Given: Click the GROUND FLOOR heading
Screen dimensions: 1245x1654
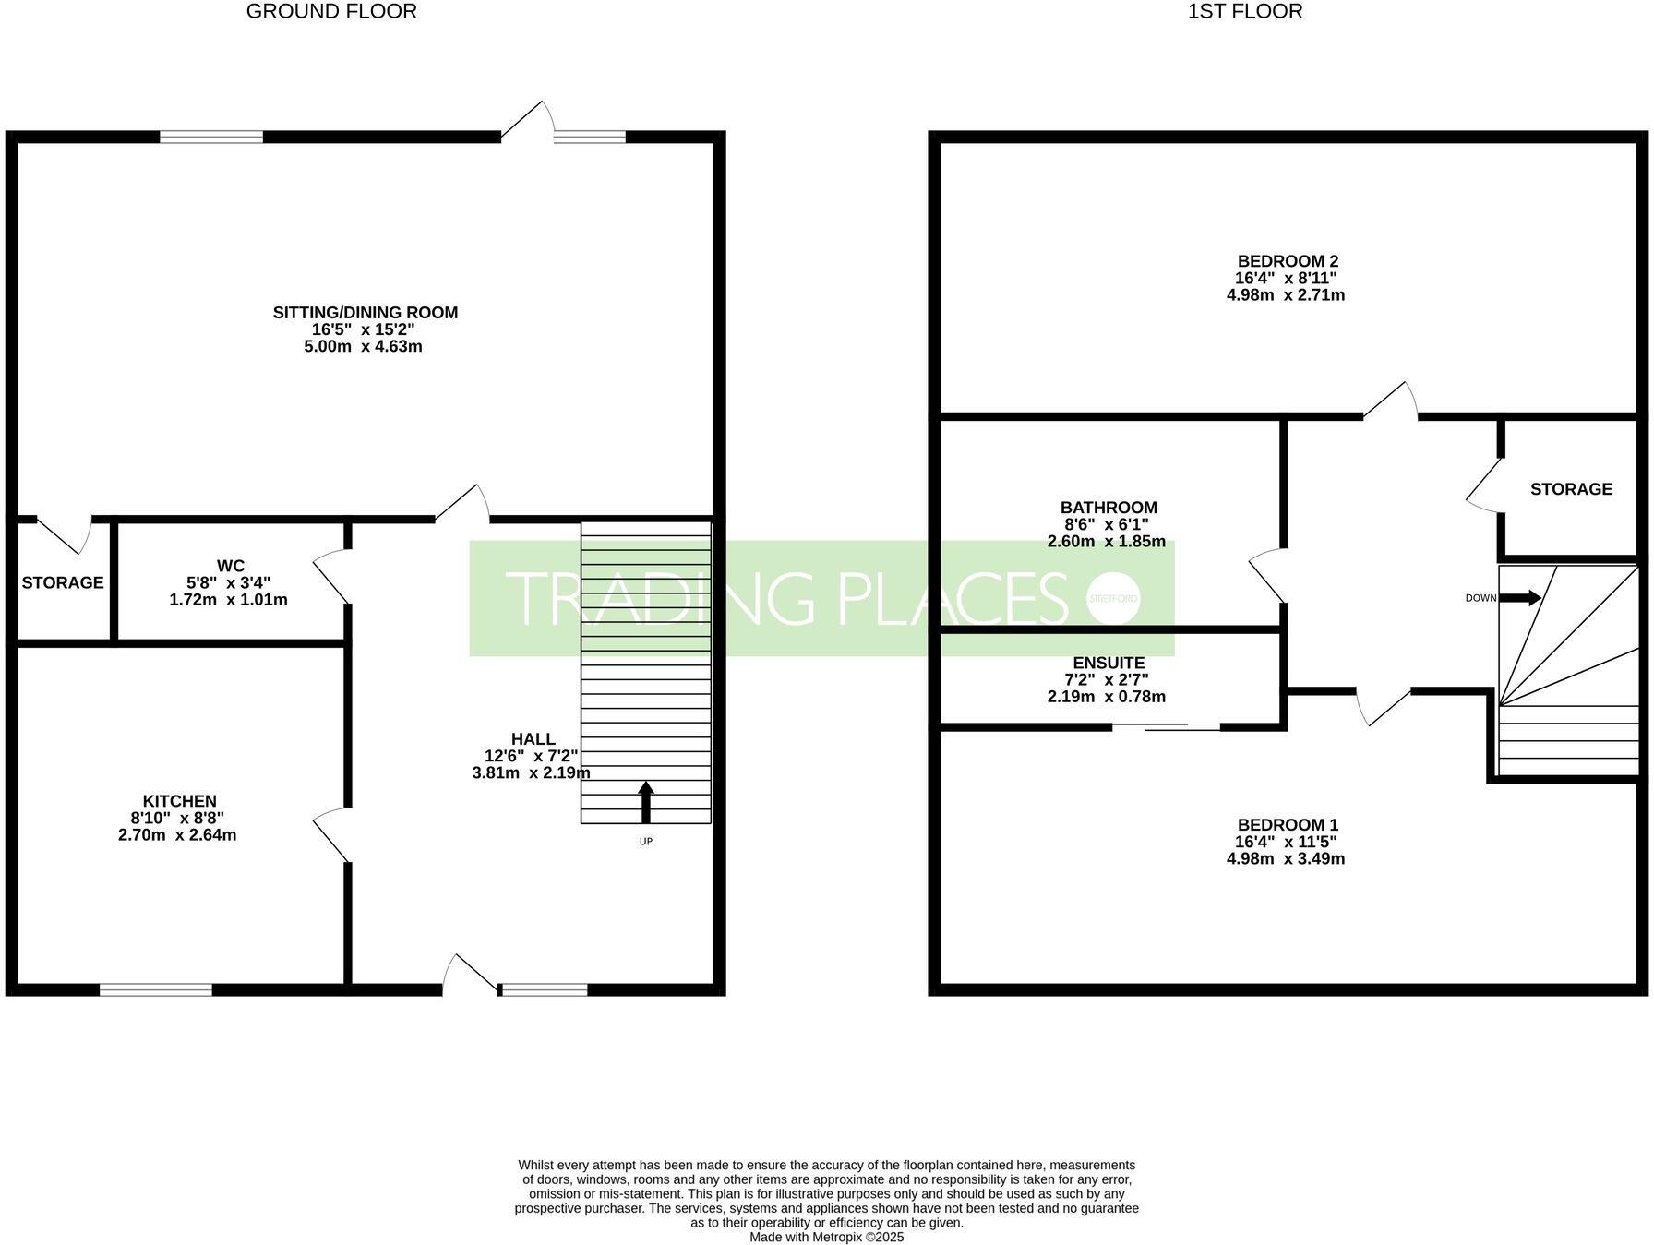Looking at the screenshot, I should click(331, 12).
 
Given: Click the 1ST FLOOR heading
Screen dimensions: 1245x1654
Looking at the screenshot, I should click(1245, 12).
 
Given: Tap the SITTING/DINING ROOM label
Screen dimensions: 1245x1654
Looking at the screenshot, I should click(365, 313).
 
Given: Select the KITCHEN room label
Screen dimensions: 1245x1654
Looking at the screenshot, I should click(179, 801).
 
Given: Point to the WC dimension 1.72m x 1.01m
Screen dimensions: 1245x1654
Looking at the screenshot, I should click(228, 600).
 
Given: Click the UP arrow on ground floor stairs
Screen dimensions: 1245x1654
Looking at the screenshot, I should click(646, 802).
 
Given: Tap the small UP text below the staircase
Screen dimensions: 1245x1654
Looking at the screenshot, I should click(645, 842).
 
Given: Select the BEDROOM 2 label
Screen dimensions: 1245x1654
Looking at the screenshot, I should click(1286, 261).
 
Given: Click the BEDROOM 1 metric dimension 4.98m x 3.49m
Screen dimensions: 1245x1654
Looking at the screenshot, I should click(1285, 859).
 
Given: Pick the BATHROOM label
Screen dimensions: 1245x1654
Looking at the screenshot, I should click(1108, 508).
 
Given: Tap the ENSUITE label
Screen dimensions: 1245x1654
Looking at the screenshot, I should click(1109, 663).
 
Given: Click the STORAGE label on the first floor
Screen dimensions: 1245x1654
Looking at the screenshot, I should click(1571, 489).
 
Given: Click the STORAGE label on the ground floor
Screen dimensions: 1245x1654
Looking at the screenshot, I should click(63, 582).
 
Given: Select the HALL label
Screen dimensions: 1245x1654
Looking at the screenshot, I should click(533, 739).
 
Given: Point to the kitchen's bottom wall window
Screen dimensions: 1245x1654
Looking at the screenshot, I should click(156, 989).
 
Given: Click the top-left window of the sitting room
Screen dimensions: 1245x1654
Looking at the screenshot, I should click(211, 137).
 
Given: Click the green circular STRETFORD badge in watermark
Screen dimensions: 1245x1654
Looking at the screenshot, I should click(1114, 598).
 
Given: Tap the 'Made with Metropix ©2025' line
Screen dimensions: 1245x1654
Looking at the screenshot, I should click(826, 1237).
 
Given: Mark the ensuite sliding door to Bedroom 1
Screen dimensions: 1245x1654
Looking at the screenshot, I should click(1166, 728).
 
